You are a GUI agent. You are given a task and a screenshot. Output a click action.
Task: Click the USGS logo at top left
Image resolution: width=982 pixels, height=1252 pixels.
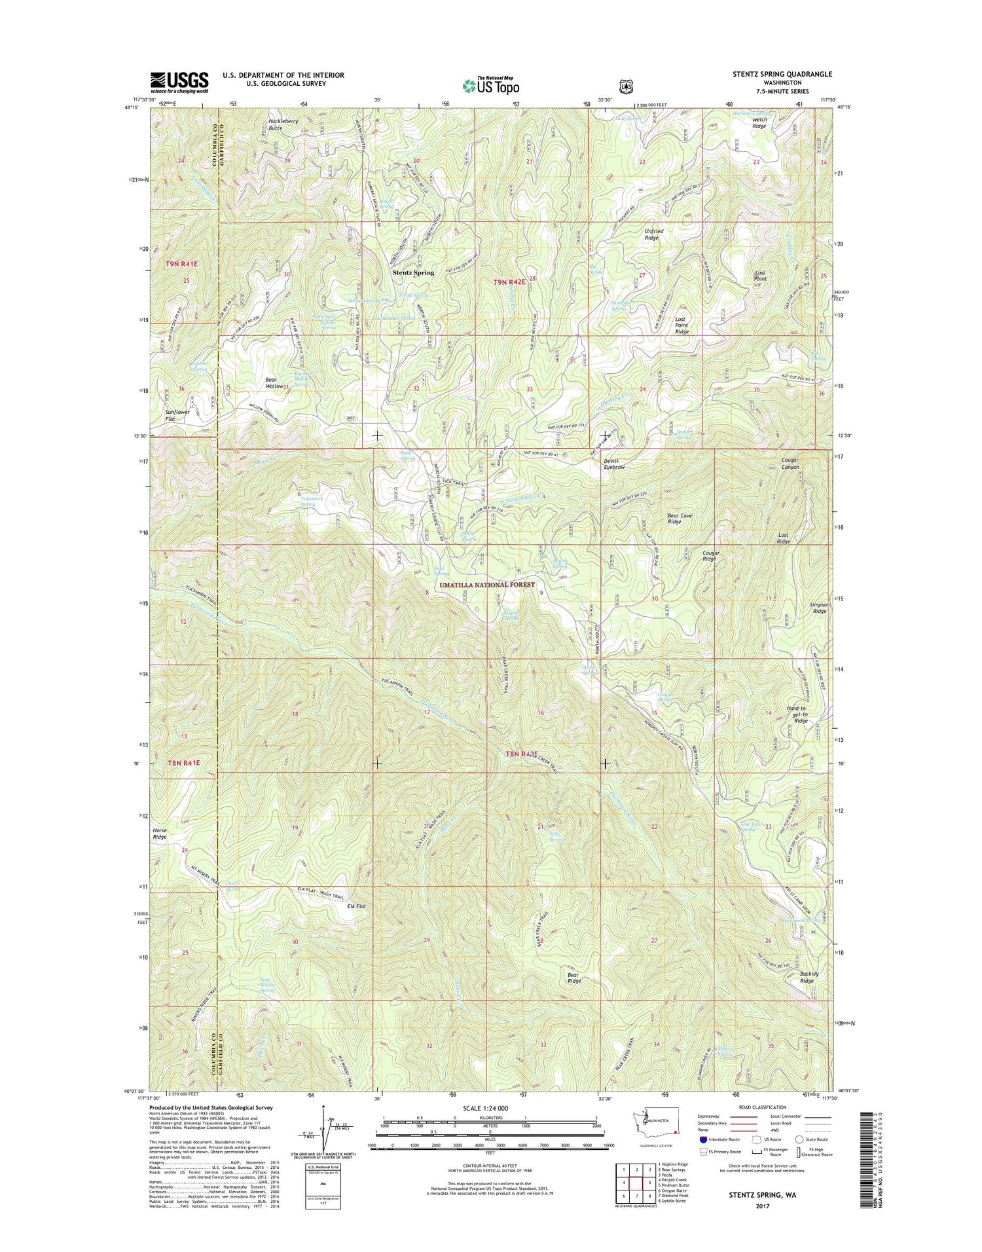click(x=179, y=82)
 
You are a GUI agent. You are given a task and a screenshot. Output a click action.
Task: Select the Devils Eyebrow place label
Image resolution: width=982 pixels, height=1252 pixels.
click(x=614, y=464)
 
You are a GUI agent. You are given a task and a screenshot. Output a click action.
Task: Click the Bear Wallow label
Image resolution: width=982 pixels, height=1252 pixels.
click(x=274, y=383)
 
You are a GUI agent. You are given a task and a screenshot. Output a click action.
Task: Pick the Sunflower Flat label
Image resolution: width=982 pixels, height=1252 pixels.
click(x=177, y=415)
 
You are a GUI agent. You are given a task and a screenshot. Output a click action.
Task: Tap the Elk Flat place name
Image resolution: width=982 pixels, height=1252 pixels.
click(x=356, y=906)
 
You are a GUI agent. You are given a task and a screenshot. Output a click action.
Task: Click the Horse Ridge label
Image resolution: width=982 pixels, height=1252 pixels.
click(x=160, y=833)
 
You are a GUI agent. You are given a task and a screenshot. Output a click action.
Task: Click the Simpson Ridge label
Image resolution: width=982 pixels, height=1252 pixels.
click(x=820, y=608)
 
